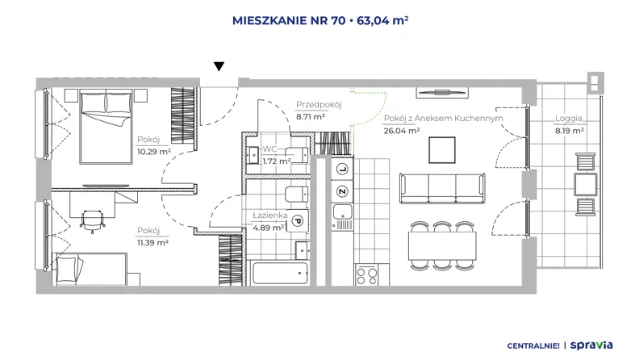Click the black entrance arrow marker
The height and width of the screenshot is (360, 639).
point(219,66)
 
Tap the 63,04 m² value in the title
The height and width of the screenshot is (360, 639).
point(382,20)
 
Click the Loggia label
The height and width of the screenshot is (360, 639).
point(569,118)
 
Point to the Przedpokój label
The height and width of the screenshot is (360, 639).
point(319,104)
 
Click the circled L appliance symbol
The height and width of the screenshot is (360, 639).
point(342,170)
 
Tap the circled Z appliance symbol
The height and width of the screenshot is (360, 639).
point(342,191)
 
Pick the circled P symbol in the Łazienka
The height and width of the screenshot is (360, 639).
point(298,221)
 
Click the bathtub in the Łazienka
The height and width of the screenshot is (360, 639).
point(280,273)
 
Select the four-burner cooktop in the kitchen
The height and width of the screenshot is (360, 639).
point(366,274)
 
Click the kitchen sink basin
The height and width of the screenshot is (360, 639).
point(342,211)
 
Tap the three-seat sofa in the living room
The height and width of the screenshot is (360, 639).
point(443,188)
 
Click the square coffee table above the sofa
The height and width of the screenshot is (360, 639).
point(442,150)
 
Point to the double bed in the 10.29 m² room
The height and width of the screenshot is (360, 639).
point(106,128)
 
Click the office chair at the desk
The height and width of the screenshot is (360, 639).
point(92,221)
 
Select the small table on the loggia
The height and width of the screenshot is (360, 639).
point(586,184)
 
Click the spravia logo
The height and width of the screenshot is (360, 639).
point(591,345)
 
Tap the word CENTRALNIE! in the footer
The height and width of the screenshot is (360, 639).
point(533,346)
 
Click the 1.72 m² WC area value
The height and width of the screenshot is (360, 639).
point(276,161)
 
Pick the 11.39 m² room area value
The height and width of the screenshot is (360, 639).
point(152,243)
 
